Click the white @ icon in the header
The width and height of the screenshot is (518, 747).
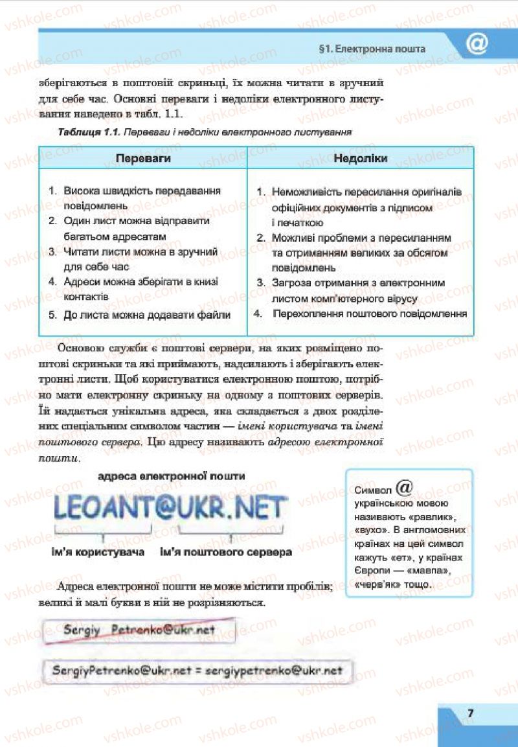pyautogui.click(x=477, y=45)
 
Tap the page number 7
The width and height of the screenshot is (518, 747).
pyautogui.click(x=471, y=713)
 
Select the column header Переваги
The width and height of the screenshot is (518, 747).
pyautogui.click(x=143, y=158)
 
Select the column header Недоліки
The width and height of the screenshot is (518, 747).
pyautogui.click(x=361, y=158)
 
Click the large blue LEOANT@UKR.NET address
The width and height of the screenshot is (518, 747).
pyautogui.click(x=170, y=508)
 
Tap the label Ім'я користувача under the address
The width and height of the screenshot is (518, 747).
pyautogui.click(x=98, y=553)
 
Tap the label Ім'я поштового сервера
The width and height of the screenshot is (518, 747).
pyautogui.click(x=226, y=553)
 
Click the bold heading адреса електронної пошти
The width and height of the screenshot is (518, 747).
pyautogui.click(x=171, y=476)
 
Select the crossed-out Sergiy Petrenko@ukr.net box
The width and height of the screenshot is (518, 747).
pyautogui.click(x=139, y=629)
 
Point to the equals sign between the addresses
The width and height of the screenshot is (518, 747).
pyautogui.click(x=198, y=671)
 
